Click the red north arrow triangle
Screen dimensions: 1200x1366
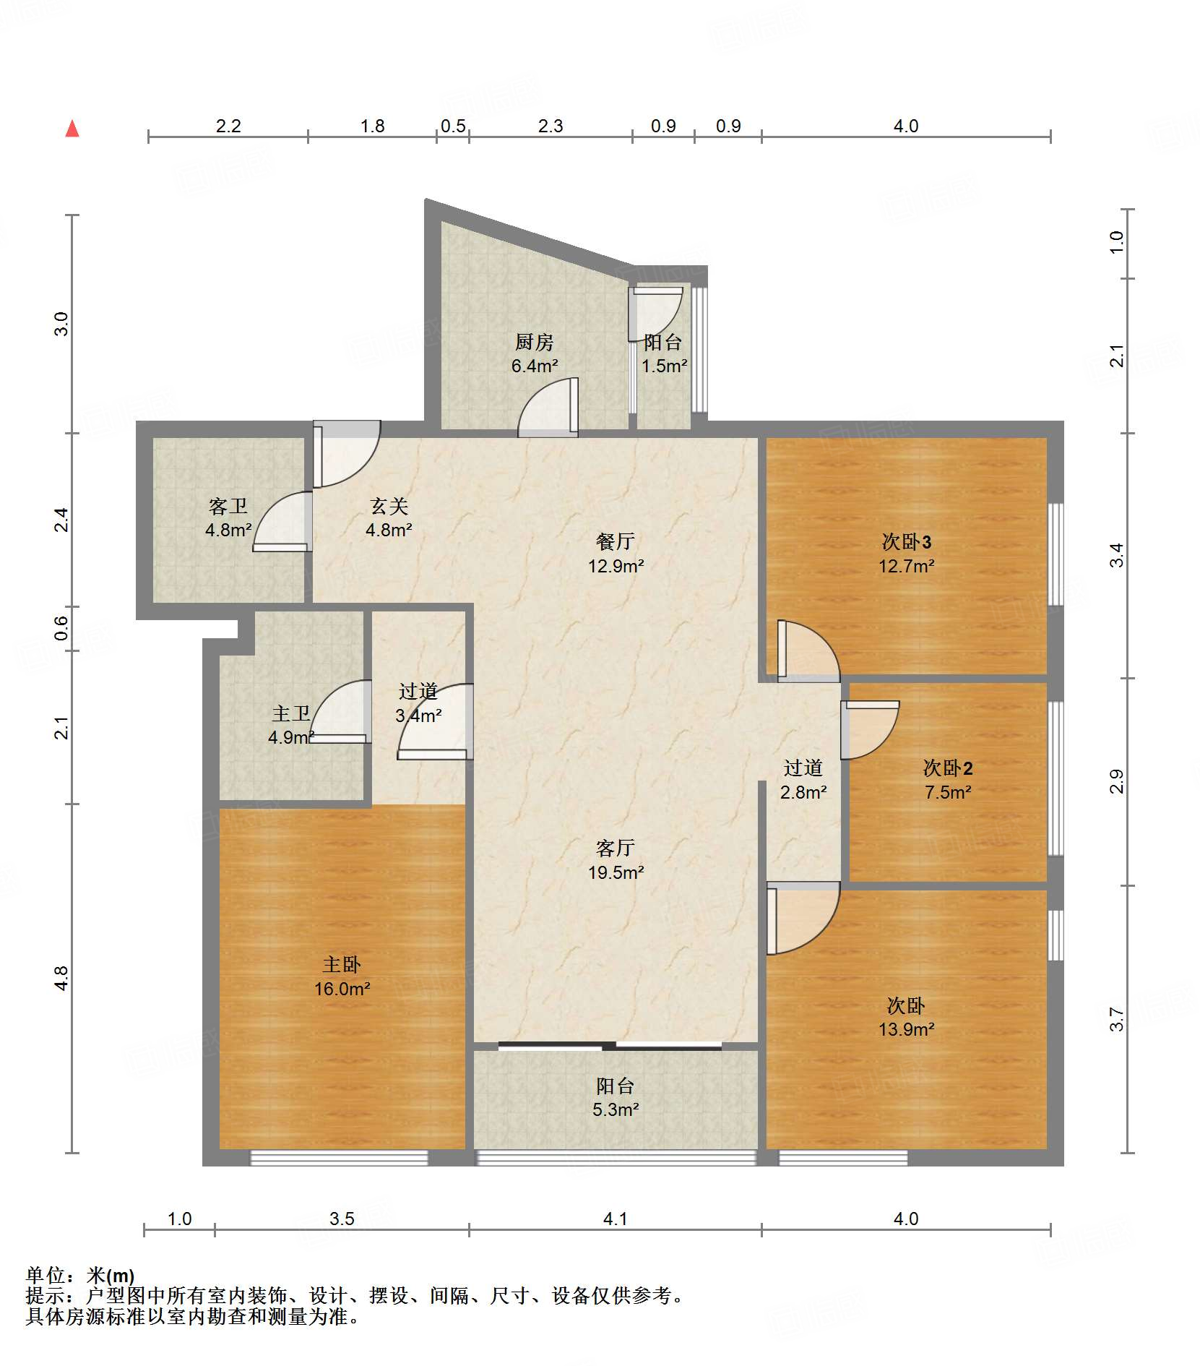pyautogui.click(x=72, y=129)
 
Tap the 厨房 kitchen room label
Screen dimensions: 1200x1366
pyautogui.click(x=535, y=342)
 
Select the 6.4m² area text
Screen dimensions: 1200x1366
pyautogui.click(x=535, y=366)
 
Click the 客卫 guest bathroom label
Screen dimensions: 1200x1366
pyautogui.click(x=228, y=506)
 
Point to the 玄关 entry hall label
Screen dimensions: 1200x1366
pyautogui.click(x=389, y=506)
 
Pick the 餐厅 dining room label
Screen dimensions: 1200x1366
pyautogui.click(x=616, y=541)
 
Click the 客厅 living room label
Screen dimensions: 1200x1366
pyautogui.click(x=616, y=848)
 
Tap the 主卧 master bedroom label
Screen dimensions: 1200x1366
pyautogui.click(x=342, y=964)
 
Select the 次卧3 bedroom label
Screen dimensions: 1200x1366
pyautogui.click(x=907, y=541)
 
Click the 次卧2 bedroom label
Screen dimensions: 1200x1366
pyautogui.click(x=948, y=768)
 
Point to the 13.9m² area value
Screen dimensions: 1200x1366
pyautogui.click(x=907, y=1029)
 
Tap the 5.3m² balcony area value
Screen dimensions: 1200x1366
pyautogui.click(x=616, y=1109)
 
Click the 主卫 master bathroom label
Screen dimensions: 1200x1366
pyautogui.click(x=291, y=714)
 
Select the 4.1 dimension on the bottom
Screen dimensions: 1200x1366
pyautogui.click(x=615, y=1219)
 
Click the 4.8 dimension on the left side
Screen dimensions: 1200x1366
pyautogui.click(x=61, y=978)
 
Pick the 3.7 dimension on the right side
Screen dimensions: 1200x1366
pyautogui.click(x=1117, y=1019)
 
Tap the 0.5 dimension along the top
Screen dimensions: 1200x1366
pyautogui.click(x=453, y=126)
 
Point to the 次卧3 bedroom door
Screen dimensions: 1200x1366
pyautogui.click(x=808, y=650)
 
